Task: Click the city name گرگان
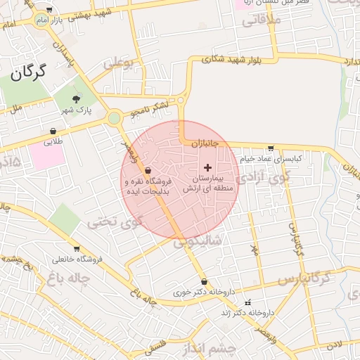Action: pyautogui.click(x=28, y=71)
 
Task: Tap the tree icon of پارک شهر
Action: pyautogui.click(x=77, y=99)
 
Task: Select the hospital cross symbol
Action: pyautogui.click(x=207, y=167)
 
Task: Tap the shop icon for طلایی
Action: pyautogui.click(x=53, y=131)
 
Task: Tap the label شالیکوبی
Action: pyautogui.click(x=198, y=240)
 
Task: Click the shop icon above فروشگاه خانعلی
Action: pyautogui.click(x=77, y=249)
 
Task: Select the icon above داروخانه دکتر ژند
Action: pyautogui.click(x=247, y=302)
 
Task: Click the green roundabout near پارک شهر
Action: pyautogui.click(x=114, y=118)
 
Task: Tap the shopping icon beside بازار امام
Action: pyautogui.click(x=49, y=10)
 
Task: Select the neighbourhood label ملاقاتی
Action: pyautogui.click(x=262, y=20)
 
